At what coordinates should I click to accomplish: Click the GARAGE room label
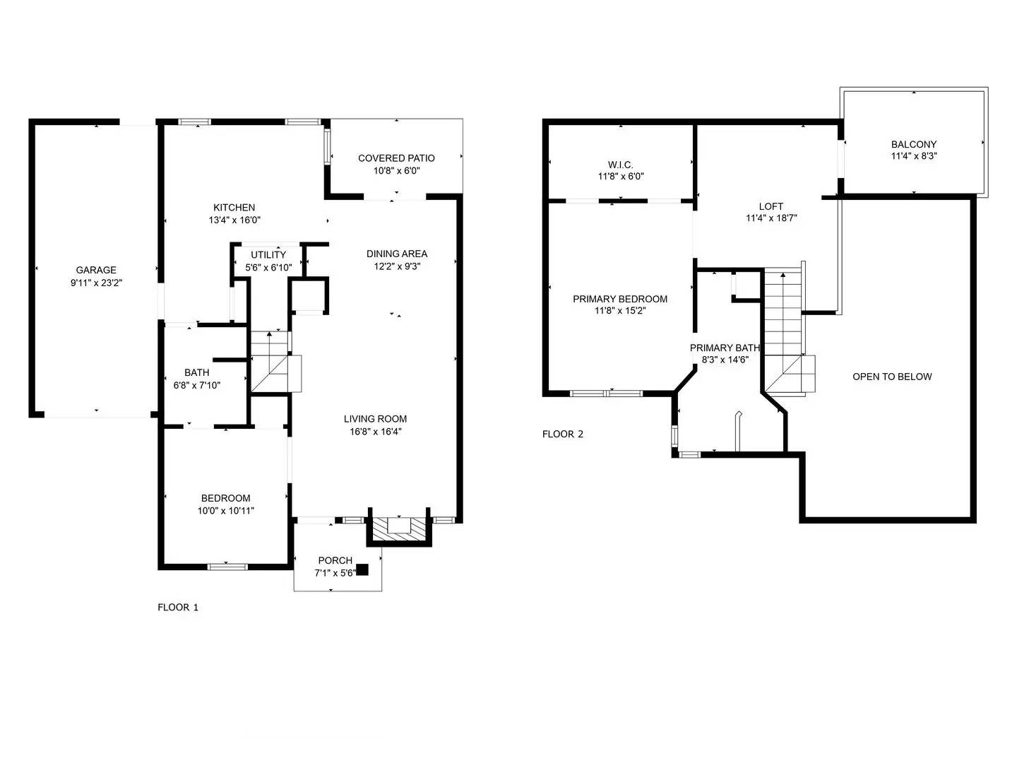[x=96, y=270]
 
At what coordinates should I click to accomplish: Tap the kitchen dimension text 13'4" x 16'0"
[x=234, y=220]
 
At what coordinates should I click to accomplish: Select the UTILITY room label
[x=268, y=255]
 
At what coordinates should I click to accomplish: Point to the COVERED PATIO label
[x=396, y=158]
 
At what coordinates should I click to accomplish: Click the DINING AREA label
[x=397, y=254]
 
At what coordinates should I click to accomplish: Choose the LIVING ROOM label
[x=375, y=419]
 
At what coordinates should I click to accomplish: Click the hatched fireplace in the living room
[x=399, y=529]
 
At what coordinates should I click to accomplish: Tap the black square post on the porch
[x=362, y=569]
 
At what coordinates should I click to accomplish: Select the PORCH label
[x=335, y=560]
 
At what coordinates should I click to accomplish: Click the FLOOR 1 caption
[x=178, y=608]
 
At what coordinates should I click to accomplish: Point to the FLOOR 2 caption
[x=562, y=434]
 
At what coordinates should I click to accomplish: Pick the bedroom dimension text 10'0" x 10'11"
[x=225, y=511]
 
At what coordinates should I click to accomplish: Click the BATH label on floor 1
[x=196, y=372]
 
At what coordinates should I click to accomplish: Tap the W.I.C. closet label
[x=620, y=165]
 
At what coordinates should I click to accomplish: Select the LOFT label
[x=771, y=206]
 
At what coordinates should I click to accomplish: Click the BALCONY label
[x=914, y=144]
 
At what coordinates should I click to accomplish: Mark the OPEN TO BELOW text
[x=892, y=377]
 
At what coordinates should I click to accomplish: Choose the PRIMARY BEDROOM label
[x=620, y=299]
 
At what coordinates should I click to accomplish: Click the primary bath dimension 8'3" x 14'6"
[x=725, y=360]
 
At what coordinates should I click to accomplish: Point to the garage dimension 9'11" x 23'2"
[x=96, y=283]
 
